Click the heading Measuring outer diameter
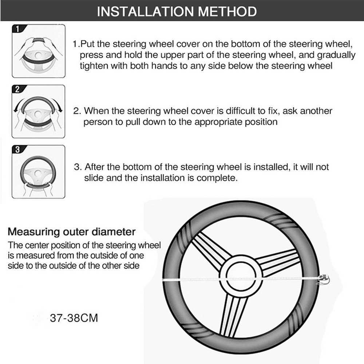pyautogui.click(x=72, y=232)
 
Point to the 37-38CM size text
pyautogui.click(x=74, y=318)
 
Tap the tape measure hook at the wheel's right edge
pyautogui.click(x=323, y=280)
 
